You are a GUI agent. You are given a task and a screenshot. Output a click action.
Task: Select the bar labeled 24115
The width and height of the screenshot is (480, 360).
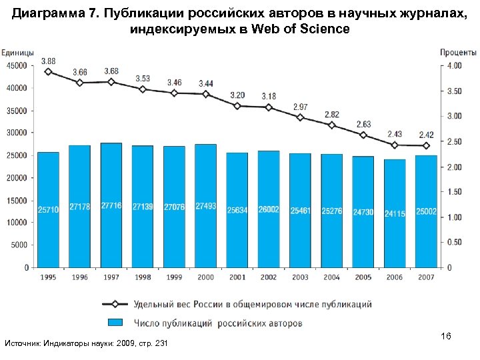[x=395, y=213]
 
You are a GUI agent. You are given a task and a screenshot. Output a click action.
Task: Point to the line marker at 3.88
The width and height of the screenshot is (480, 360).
[x=48, y=71]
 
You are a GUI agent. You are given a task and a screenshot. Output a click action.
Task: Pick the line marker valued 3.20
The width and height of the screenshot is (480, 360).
[x=237, y=105]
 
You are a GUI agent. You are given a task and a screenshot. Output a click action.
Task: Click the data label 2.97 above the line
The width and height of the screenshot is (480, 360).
[x=301, y=107]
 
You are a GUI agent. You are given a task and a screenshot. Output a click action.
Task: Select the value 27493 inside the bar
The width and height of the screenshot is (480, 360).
[x=206, y=207]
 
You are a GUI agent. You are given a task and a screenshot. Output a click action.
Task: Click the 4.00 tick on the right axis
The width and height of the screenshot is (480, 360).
[x=454, y=65]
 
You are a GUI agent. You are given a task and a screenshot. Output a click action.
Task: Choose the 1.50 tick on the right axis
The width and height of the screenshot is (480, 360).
[x=454, y=192]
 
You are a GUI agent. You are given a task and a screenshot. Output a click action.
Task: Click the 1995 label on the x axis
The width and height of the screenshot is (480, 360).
[x=48, y=277]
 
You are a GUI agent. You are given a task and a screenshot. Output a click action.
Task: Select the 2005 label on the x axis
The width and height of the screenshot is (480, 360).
[x=363, y=277]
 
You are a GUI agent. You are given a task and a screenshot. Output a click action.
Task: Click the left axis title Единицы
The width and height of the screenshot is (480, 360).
[x=19, y=53]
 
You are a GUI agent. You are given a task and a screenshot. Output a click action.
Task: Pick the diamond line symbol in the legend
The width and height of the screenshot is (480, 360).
[x=115, y=305]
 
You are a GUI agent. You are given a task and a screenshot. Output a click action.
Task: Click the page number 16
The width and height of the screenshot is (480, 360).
[x=446, y=337]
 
